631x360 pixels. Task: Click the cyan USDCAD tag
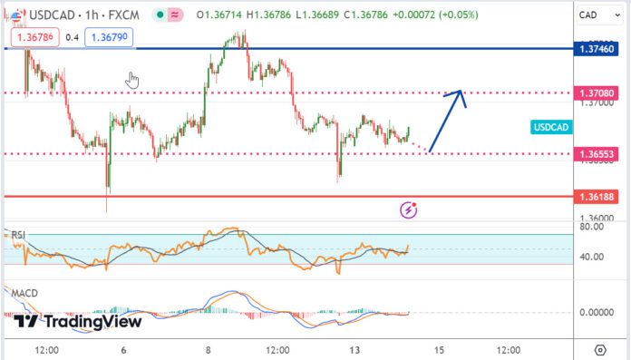pyautogui.click(x=550, y=128)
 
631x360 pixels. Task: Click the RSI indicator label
pyautogui.click(x=17, y=235)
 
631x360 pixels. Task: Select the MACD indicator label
pyautogui.click(x=24, y=294)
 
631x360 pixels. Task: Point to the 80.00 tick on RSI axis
pyautogui.click(x=591, y=229)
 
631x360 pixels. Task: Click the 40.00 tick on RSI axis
pyautogui.click(x=591, y=258)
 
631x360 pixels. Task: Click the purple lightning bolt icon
pyautogui.click(x=409, y=210)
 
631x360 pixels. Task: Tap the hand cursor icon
pyautogui.click(x=132, y=80)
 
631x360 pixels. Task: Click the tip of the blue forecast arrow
pyautogui.click(x=461, y=91)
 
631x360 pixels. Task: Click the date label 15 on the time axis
pyautogui.click(x=439, y=350)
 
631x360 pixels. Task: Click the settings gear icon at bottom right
pyautogui.click(x=599, y=350)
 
